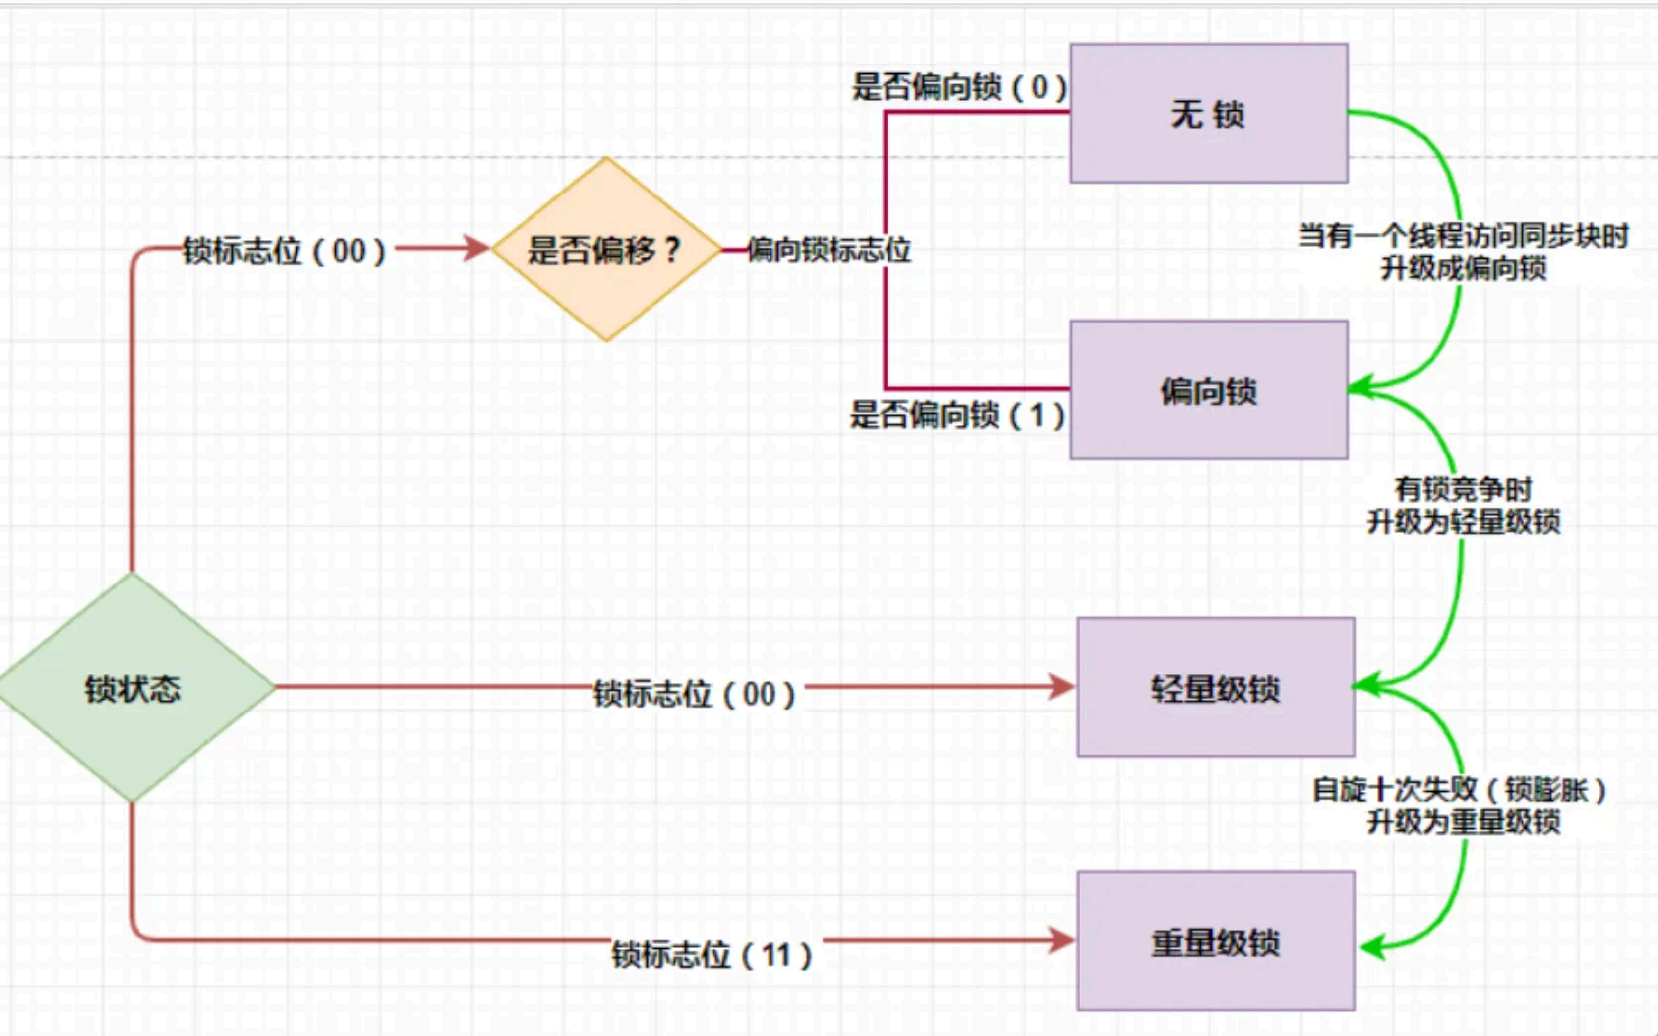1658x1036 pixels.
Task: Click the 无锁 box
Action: [x=1208, y=113]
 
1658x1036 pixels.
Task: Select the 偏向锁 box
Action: [x=1208, y=390]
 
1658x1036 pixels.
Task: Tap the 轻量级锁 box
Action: [x=1215, y=688]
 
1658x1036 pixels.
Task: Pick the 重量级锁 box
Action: [x=1215, y=941]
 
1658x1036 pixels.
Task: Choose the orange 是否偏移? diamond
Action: [x=605, y=249]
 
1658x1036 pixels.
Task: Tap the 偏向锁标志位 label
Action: [x=829, y=249]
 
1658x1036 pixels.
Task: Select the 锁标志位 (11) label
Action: [x=712, y=955]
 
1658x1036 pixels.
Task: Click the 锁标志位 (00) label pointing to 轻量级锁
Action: [x=694, y=693]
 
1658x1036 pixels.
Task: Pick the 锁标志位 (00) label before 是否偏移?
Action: [x=285, y=250]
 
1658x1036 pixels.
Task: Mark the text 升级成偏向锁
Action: [x=1464, y=268]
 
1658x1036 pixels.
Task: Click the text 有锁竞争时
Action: [x=1464, y=488]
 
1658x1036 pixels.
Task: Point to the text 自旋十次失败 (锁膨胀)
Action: [x=1459, y=790]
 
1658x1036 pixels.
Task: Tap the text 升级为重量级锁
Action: [x=1464, y=822]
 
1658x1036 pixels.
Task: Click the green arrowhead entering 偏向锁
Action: [x=1360, y=388]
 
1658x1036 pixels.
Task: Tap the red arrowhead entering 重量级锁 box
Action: [x=1063, y=939]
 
